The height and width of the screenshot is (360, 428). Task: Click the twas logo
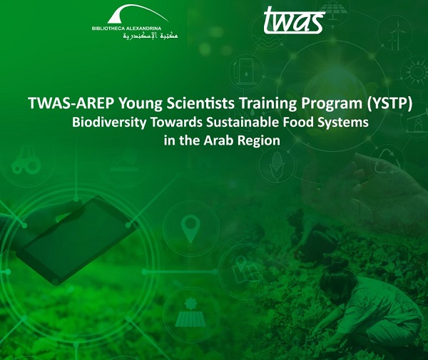coord(294,21)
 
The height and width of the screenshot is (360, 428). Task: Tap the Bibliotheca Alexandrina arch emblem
coord(138,14)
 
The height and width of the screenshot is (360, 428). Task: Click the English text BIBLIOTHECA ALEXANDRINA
coord(126,29)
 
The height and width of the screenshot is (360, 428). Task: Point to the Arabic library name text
coord(151,35)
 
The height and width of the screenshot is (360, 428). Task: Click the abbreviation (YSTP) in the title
coord(389,103)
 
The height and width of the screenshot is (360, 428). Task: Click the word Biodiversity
coord(109,123)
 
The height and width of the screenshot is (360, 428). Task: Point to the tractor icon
coord(26,160)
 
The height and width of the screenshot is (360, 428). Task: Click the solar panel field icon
coord(190,312)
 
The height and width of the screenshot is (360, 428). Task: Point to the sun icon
coord(417,72)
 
